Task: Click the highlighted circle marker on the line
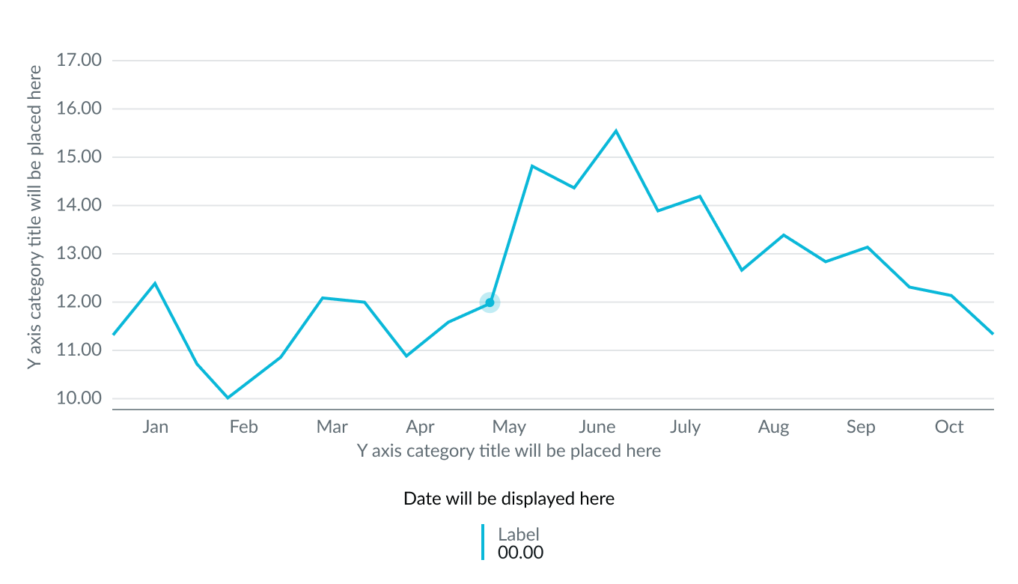pyautogui.click(x=490, y=302)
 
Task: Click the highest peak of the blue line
pyautogui.click(x=616, y=130)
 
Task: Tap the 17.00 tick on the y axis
pyautogui.click(x=79, y=60)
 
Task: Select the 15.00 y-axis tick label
pyautogui.click(x=79, y=156)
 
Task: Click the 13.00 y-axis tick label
pyautogui.click(x=79, y=253)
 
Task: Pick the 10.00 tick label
pyautogui.click(x=79, y=398)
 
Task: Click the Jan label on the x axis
pyautogui.click(x=155, y=427)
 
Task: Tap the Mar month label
pyautogui.click(x=332, y=427)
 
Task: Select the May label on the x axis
pyautogui.click(x=509, y=427)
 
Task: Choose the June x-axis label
pyautogui.click(x=597, y=427)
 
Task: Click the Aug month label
pyautogui.click(x=773, y=427)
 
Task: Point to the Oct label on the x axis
pyautogui.click(x=949, y=427)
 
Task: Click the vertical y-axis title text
pyautogui.click(x=34, y=217)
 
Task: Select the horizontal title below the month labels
pyautogui.click(x=509, y=451)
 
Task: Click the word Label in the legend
pyautogui.click(x=519, y=534)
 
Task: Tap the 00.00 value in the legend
pyautogui.click(x=520, y=553)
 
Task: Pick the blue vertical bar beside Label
pyautogui.click(x=484, y=542)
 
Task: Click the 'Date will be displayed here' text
pyautogui.click(x=509, y=499)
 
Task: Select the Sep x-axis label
pyautogui.click(x=860, y=427)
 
